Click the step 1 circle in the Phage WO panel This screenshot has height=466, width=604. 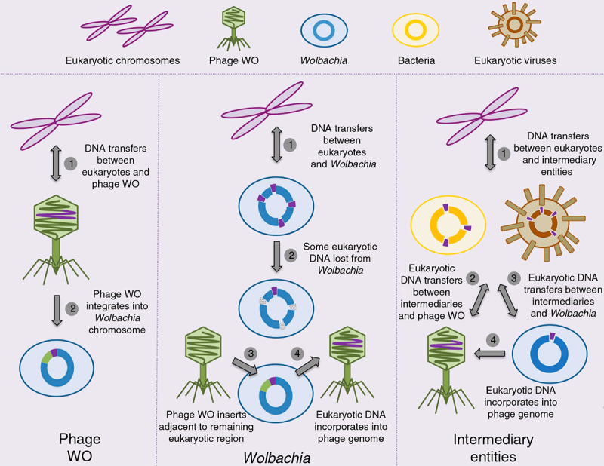point(71,162)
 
